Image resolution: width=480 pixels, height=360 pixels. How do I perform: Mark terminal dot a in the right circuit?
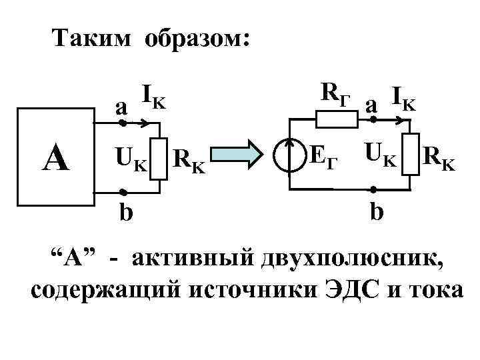[374, 120]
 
